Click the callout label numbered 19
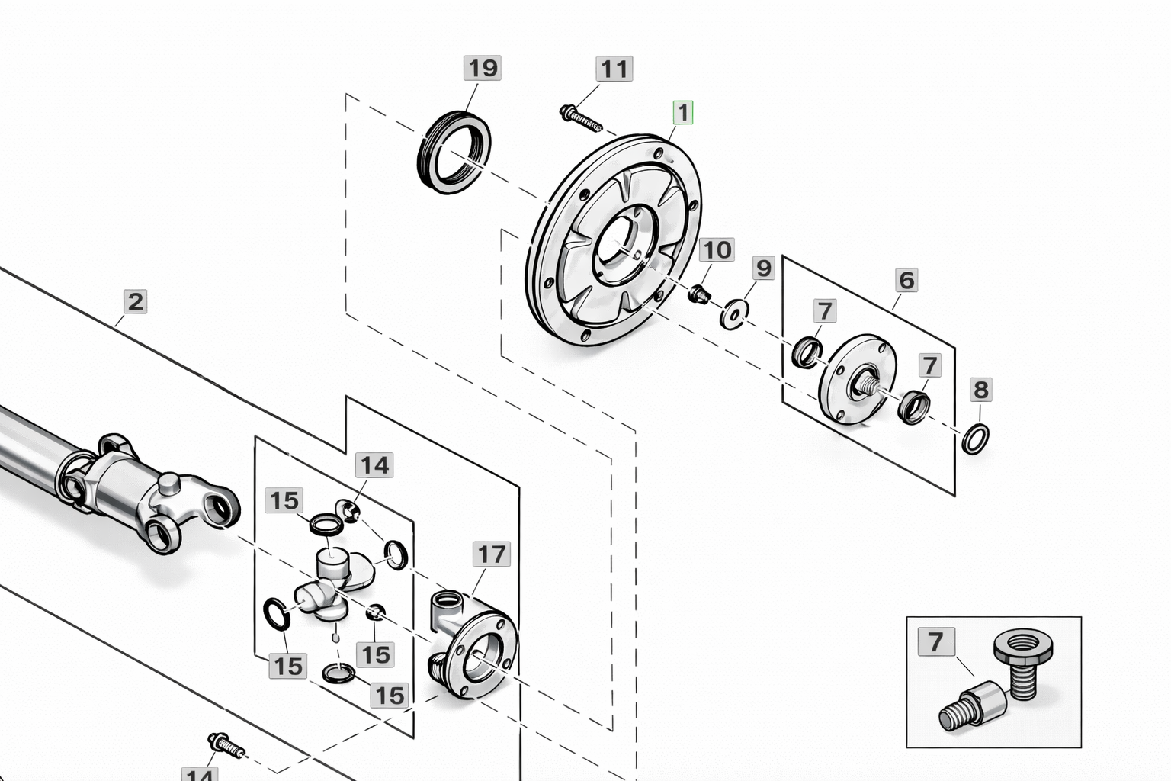[x=482, y=69]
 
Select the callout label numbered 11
[x=614, y=69]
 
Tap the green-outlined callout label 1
[x=682, y=113]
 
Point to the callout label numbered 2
[x=135, y=301]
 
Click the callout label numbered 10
[x=717, y=249]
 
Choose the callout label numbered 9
[x=763, y=268]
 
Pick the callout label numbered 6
[x=906, y=280]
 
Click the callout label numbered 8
[x=980, y=390]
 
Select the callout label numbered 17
[x=491, y=554]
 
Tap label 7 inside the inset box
[x=935, y=641]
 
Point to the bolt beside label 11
[x=580, y=117]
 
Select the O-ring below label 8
[x=976, y=439]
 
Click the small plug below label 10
[x=698, y=294]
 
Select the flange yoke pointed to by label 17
[x=473, y=644]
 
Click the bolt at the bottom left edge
[x=226, y=745]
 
